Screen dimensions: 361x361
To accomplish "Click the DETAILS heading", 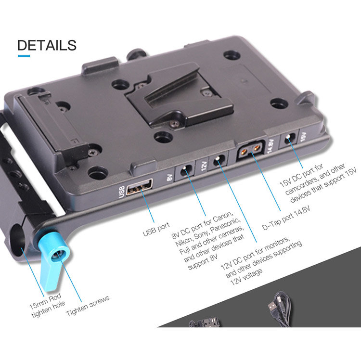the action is [47, 45].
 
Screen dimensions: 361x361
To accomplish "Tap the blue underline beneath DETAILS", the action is [24, 56].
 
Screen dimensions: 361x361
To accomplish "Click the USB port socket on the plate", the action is [140, 186].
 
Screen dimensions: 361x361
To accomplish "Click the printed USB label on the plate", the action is [122, 192].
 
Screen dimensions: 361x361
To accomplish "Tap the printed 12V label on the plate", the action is [204, 166].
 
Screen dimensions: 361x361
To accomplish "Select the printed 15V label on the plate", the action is [303, 137].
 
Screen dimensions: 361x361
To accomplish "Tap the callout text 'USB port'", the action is [156, 229].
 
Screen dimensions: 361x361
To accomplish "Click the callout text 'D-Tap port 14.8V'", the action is [286, 218].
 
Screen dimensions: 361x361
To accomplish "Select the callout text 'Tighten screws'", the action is [88, 306].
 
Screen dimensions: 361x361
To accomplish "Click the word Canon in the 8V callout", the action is [222, 218].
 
